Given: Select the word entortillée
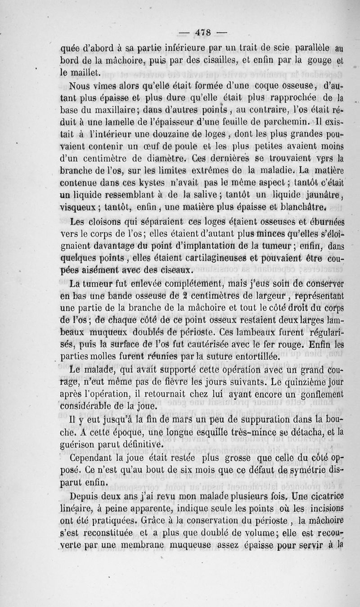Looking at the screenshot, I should pos(254,357).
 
